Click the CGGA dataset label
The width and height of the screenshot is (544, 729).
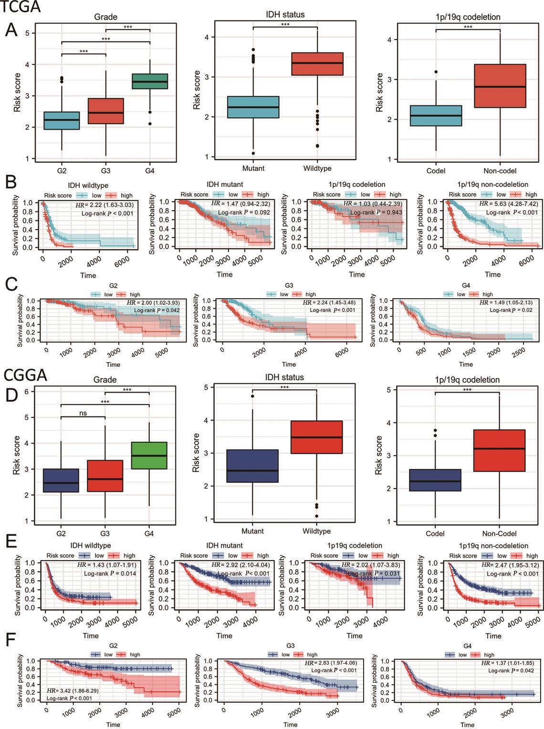pyautogui.click(x=25, y=375)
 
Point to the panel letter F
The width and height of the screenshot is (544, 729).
pyautogui.click(x=11, y=640)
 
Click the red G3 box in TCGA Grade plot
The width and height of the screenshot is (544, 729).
pyautogui.click(x=106, y=111)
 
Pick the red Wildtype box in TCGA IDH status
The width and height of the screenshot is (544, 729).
pyautogui.click(x=317, y=64)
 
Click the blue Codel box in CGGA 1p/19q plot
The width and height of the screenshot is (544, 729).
pyautogui.click(x=435, y=480)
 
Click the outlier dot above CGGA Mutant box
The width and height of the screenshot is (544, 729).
pyautogui.click(x=252, y=396)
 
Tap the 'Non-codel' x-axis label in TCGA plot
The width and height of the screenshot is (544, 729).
pyautogui.click(x=500, y=171)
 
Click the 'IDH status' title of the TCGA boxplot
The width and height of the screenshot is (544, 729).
pyautogui.click(x=285, y=15)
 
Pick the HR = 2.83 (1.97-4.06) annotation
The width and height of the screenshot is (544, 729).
pyautogui.click(x=331, y=663)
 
